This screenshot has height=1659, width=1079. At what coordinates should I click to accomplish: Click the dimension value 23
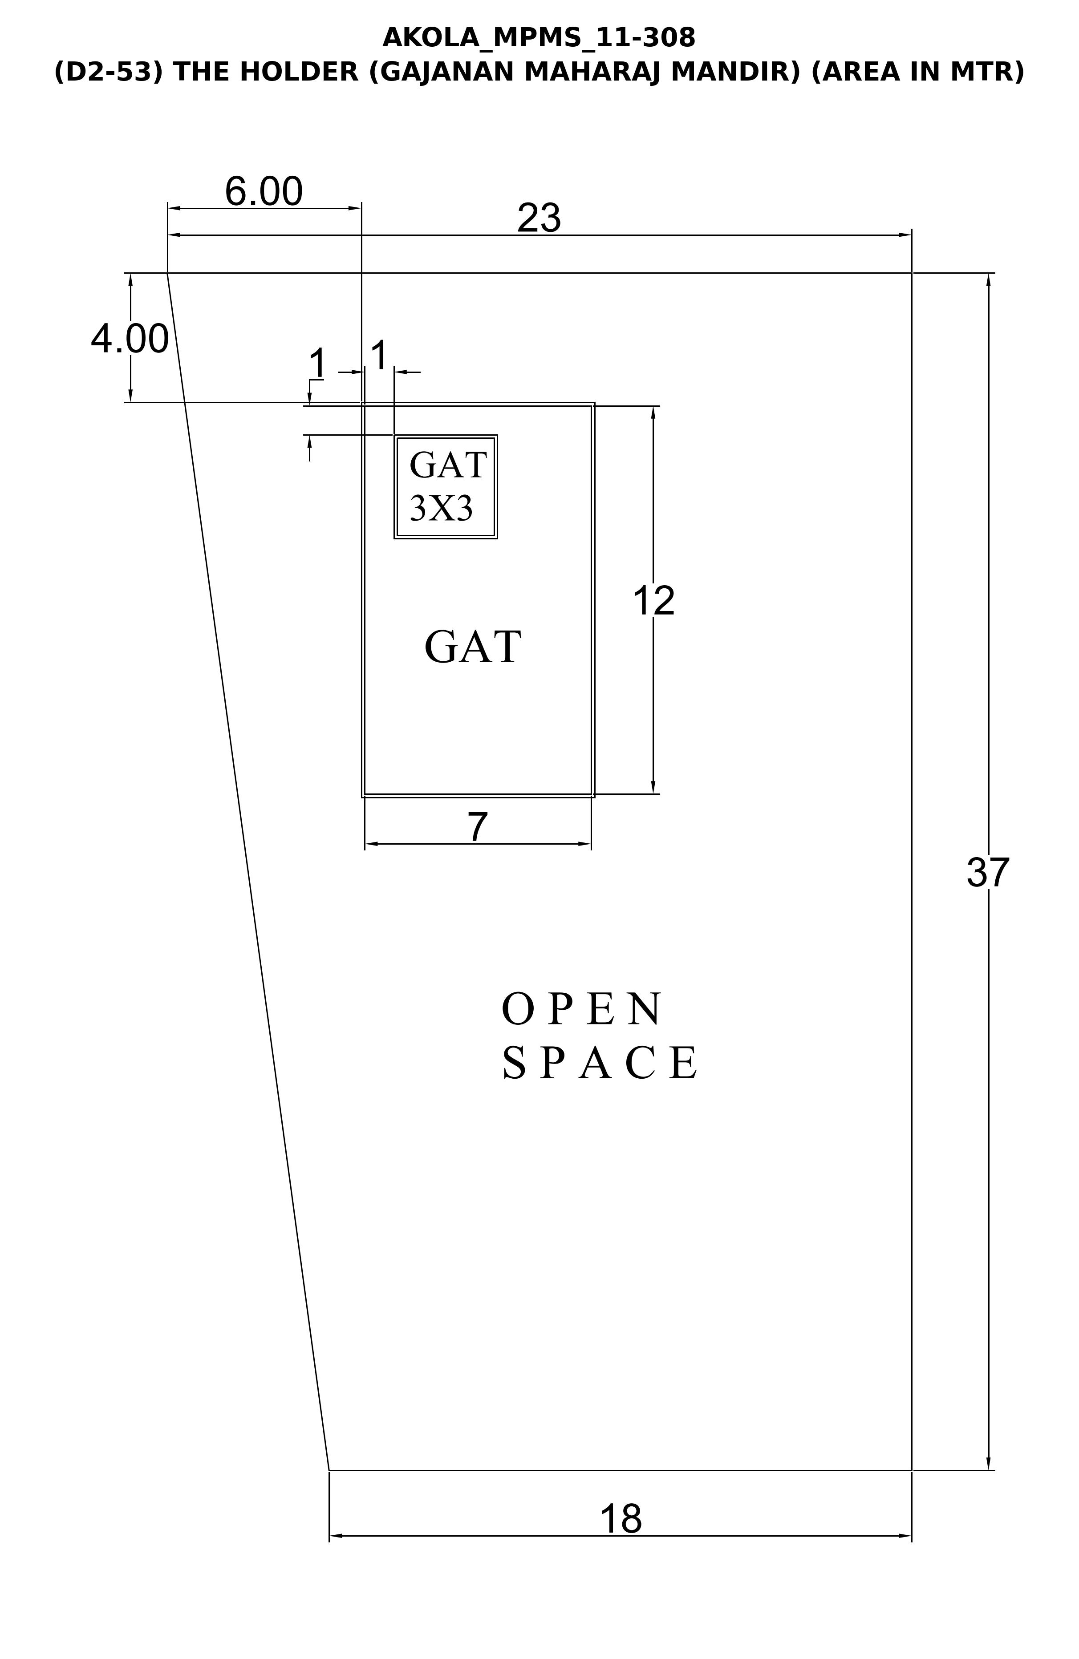[x=539, y=218]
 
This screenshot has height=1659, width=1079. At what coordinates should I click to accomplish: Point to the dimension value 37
[x=988, y=872]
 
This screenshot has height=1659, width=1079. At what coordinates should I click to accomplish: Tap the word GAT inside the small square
[x=447, y=465]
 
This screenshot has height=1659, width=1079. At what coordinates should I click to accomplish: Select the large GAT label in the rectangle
[x=473, y=647]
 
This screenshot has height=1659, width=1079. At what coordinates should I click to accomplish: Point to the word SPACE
[x=599, y=1063]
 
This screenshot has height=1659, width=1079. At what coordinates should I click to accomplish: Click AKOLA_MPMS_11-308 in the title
[x=539, y=38]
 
